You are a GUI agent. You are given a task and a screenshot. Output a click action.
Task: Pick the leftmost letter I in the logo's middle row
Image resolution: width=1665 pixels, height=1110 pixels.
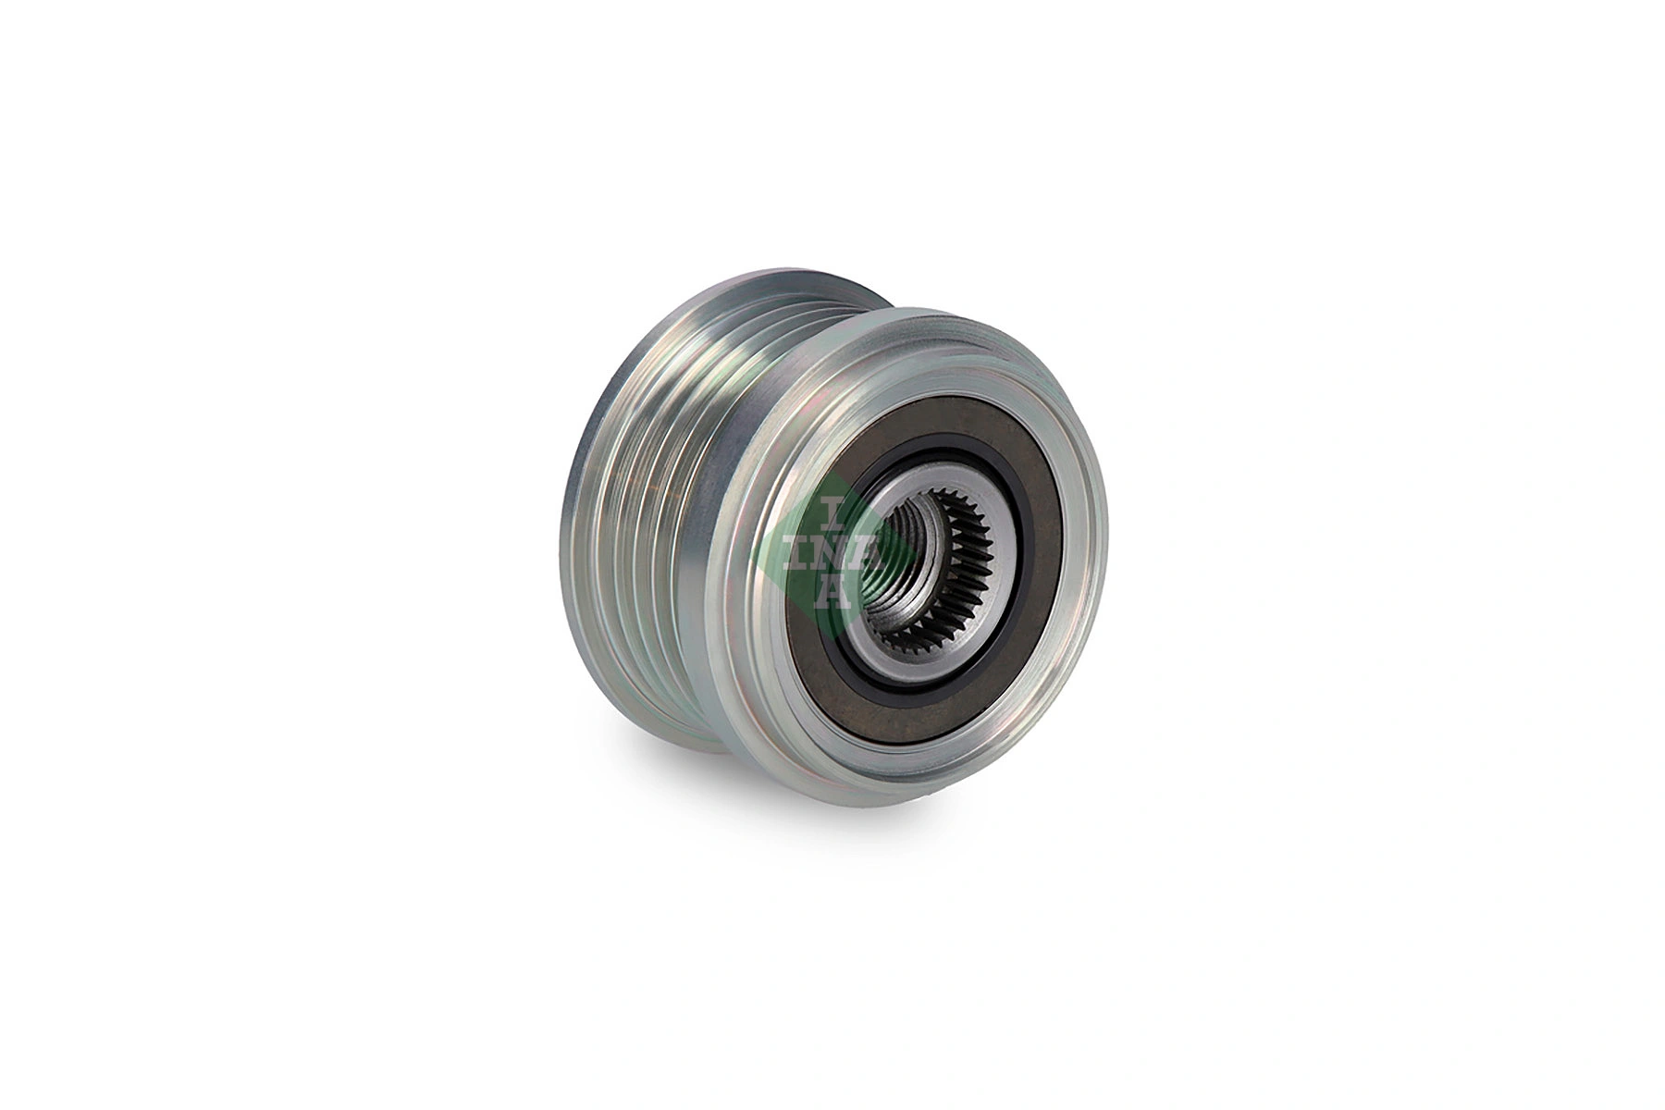coord(797,552)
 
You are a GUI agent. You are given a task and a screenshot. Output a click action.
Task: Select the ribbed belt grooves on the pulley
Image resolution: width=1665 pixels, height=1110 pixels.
coord(647,518)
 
